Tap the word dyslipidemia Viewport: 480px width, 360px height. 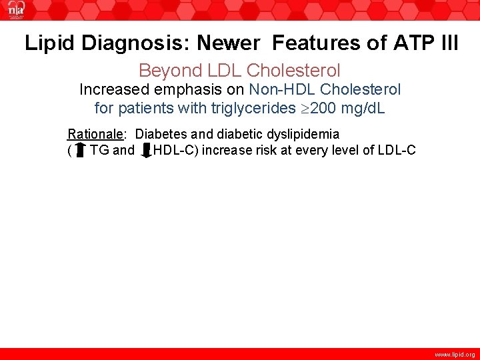click(x=300, y=134)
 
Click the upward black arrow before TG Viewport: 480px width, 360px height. click(x=80, y=150)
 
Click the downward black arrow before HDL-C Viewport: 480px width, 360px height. click(x=145, y=150)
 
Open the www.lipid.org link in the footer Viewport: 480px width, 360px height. click(x=455, y=355)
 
